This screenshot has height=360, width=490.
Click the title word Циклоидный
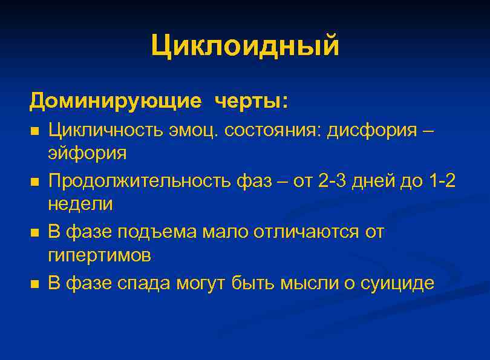click(x=245, y=47)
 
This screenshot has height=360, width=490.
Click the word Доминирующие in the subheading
click(x=115, y=101)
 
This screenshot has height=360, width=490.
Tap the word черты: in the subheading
click(x=250, y=101)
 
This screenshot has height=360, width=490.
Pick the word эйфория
click(x=87, y=153)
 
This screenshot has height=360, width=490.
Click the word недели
click(x=80, y=204)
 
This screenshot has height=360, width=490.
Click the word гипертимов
click(x=99, y=255)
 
